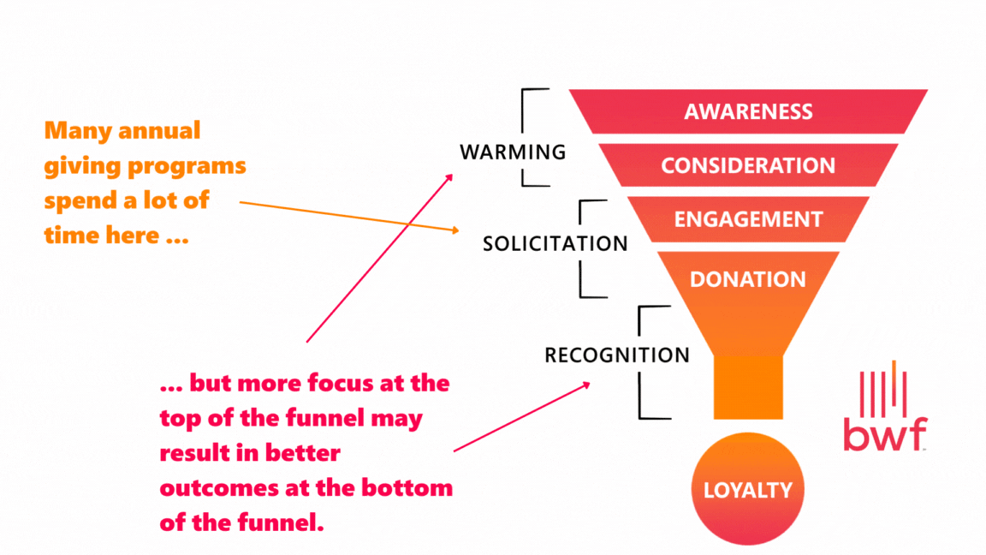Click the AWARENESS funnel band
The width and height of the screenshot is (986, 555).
point(748,111)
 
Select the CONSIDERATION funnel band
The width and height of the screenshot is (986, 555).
point(748,165)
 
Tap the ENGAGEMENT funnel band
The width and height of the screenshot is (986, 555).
point(748,219)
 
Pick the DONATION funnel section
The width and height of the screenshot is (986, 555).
point(748,279)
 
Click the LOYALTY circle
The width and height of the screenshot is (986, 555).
point(748,490)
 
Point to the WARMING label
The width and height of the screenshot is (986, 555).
point(513,152)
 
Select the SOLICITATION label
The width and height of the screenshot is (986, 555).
point(555,243)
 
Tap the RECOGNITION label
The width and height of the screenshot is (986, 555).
point(616,355)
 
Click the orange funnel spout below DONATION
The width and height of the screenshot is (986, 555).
point(748,387)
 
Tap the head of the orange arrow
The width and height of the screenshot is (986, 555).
point(456,230)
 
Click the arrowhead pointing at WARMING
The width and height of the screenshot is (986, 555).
point(450,176)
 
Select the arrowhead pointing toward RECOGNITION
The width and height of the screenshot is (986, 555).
point(586,385)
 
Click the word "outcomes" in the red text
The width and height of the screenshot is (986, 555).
point(212,488)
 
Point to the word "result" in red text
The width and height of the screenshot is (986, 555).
point(193,453)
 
